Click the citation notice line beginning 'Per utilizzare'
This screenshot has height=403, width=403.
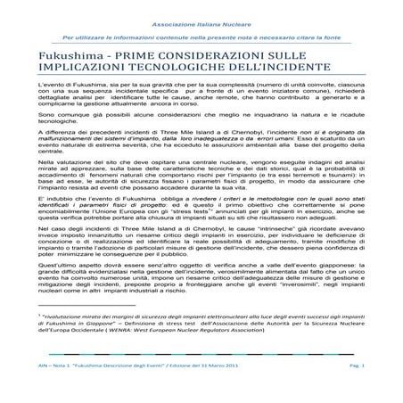pos(201,39)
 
